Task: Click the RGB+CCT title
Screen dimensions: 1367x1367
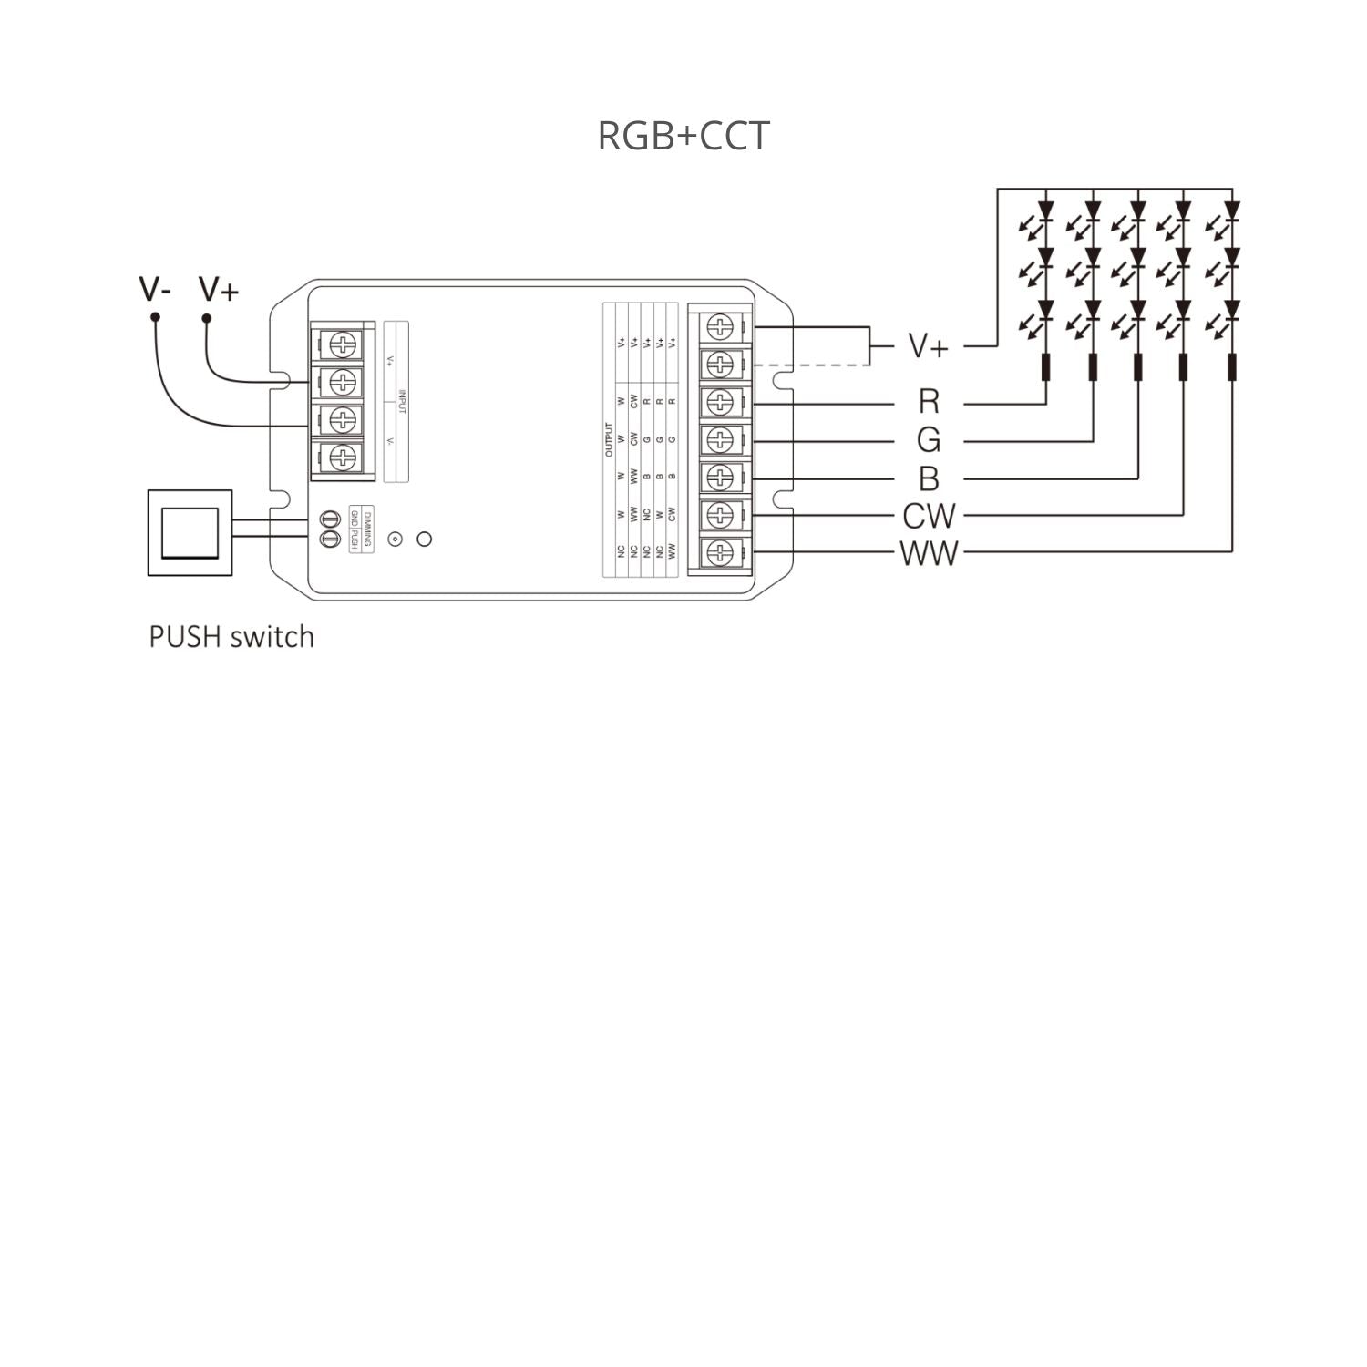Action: pyautogui.click(x=683, y=136)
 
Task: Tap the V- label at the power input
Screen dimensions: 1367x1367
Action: pyautogui.click(x=155, y=289)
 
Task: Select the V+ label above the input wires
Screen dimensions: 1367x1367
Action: pyautogui.click(x=219, y=289)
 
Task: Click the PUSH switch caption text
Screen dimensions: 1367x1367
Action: pyautogui.click(x=231, y=636)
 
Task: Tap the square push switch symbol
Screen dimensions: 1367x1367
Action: pyautogui.click(x=190, y=533)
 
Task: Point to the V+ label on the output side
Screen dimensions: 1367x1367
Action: pyautogui.click(x=928, y=346)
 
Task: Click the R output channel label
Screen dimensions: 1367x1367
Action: pyautogui.click(x=928, y=402)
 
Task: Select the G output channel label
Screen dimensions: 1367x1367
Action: pyautogui.click(x=928, y=440)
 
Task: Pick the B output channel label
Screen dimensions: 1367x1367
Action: pyautogui.click(x=928, y=478)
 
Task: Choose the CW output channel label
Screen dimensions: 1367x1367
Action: pyautogui.click(x=928, y=516)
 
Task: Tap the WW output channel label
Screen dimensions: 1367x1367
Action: pyautogui.click(x=928, y=553)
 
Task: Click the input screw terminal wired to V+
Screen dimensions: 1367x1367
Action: pyautogui.click(x=342, y=381)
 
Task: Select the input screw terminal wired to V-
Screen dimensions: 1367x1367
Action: pyautogui.click(x=342, y=419)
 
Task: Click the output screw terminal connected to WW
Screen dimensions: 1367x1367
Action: pyautogui.click(x=720, y=552)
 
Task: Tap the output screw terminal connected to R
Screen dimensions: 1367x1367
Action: pyautogui.click(x=720, y=402)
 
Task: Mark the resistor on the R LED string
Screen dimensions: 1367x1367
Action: pyautogui.click(x=1045, y=367)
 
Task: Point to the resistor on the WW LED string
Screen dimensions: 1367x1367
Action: pyautogui.click(x=1231, y=367)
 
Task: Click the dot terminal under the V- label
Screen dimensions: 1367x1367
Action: pyautogui.click(x=156, y=317)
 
